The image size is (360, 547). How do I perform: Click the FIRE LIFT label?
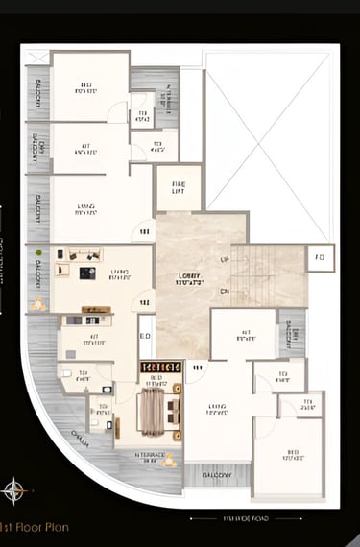(x=180, y=187)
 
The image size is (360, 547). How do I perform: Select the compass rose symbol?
(x=13, y=491)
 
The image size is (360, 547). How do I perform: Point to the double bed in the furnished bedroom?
(x=155, y=412)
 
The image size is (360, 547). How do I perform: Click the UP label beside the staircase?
(x=224, y=259)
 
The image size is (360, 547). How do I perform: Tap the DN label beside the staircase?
(x=224, y=291)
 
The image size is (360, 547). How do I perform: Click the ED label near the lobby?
(x=146, y=337)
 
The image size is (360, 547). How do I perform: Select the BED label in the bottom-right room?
(x=292, y=454)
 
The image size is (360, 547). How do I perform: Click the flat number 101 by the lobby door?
(x=196, y=368)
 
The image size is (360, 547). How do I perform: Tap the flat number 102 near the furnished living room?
(x=145, y=302)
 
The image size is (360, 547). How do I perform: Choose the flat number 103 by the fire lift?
(x=145, y=231)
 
